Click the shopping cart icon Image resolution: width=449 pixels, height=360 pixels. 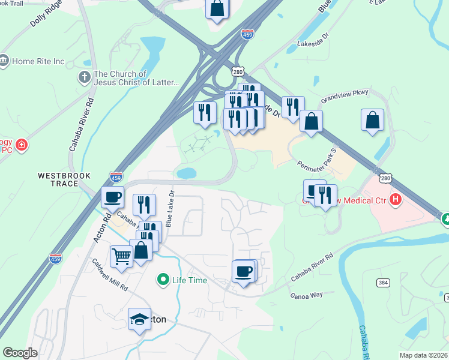[122, 256]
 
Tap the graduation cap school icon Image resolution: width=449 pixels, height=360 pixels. [139, 318]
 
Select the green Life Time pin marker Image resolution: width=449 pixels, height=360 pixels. [162, 280]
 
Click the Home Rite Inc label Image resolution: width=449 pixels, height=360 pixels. [38, 61]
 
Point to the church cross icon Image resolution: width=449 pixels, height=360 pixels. [84, 78]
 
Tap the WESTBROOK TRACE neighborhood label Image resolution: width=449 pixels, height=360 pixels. [64, 179]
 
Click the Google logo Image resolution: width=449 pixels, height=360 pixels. [20, 352]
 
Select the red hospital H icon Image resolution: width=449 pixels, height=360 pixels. [396, 199]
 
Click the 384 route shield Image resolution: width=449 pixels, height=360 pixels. [383, 282]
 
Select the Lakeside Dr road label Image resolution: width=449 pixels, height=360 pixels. [313, 43]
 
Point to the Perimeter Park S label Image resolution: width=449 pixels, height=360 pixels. [317, 157]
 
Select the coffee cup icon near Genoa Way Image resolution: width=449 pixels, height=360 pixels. [244, 271]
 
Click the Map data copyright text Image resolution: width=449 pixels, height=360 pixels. [423, 355]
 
